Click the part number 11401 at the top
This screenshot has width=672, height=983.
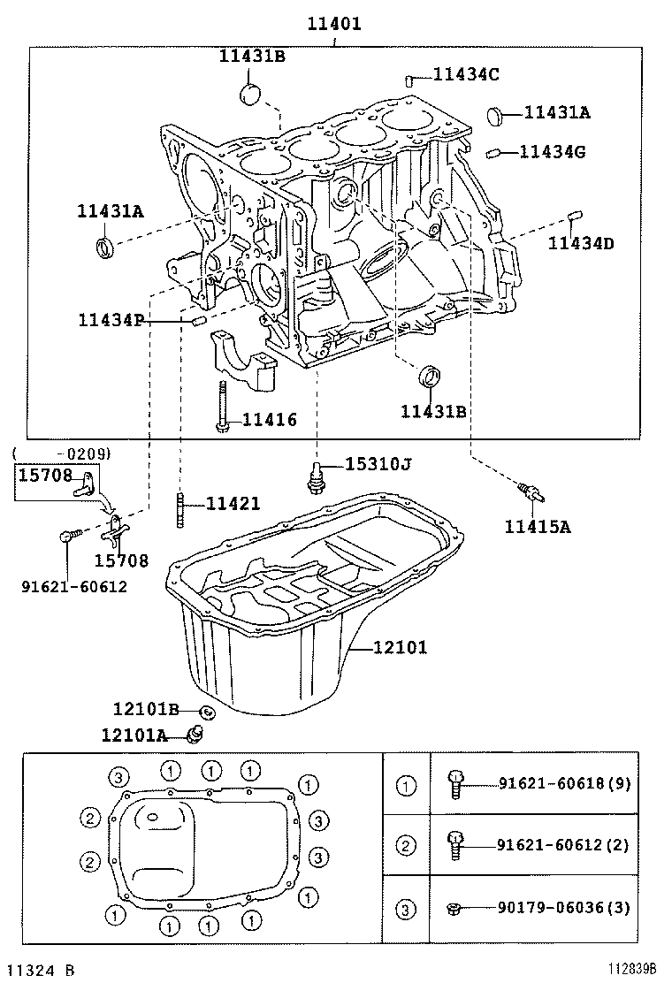tap(333, 24)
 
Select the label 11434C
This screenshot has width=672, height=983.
tap(466, 75)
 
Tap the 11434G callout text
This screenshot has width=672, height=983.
tap(552, 152)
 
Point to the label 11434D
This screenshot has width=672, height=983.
tap(580, 243)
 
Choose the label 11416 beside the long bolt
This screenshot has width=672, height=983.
tap(270, 421)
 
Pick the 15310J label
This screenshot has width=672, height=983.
tap(378, 464)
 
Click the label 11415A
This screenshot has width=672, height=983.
tap(538, 528)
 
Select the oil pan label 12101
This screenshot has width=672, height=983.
tap(400, 648)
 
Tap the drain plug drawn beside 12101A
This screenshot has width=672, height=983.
tap(198, 733)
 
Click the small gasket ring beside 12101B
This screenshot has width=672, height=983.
tap(207, 711)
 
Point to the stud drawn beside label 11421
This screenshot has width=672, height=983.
tap(180, 510)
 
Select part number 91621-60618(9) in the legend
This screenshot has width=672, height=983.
tap(564, 783)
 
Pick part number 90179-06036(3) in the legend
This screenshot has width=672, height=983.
tap(564, 908)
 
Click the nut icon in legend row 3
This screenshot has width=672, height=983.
tap(453, 908)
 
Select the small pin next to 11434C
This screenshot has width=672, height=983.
tap(410, 80)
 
